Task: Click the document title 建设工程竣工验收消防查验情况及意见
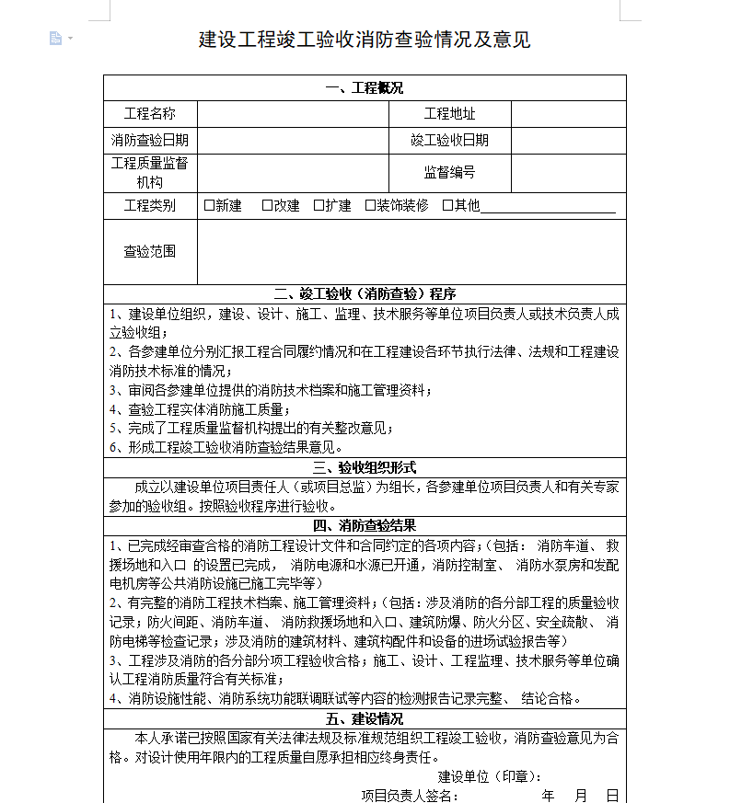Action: (x=365, y=40)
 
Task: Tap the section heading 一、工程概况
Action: (x=365, y=88)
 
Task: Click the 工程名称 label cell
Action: (x=150, y=114)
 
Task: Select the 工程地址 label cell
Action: (x=449, y=114)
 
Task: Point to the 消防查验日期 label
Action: (x=150, y=140)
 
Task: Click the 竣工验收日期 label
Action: (x=449, y=140)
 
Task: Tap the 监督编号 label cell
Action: (x=449, y=172)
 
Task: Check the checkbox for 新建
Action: (x=209, y=205)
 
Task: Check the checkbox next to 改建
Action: (x=267, y=205)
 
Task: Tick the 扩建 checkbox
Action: (x=319, y=205)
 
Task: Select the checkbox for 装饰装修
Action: (x=370, y=205)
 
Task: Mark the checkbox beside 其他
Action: (x=447, y=205)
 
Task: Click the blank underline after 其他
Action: (x=548, y=207)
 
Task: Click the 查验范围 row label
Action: (x=150, y=251)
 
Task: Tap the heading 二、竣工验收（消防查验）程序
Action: (x=365, y=294)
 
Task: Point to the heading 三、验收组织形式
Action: (x=365, y=467)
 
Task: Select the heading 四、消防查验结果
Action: (x=365, y=525)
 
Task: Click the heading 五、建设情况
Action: (x=365, y=718)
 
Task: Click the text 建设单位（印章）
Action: (x=489, y=776)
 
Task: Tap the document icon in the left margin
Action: (x=55, y=38)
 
